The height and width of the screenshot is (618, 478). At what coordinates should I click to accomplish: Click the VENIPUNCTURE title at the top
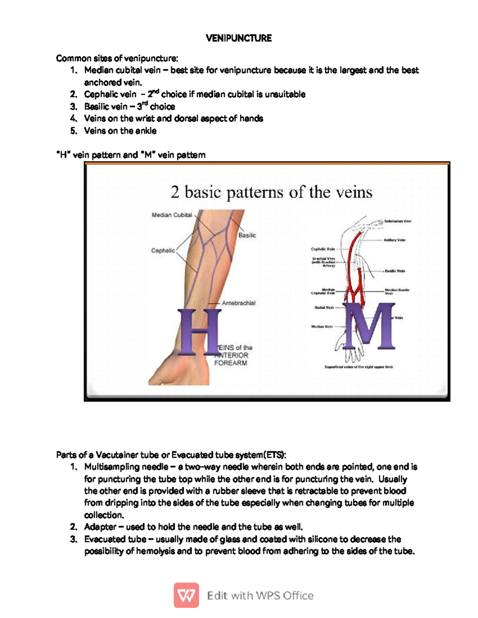[x=239, y=38]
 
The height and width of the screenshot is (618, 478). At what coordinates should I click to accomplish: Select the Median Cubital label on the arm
[x=172, y=215]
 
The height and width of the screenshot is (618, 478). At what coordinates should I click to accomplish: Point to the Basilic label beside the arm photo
[x=247, y=235]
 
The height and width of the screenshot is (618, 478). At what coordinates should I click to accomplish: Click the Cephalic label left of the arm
[x=163, y=250]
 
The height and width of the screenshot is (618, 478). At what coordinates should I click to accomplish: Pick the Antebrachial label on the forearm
[x=238, y=303]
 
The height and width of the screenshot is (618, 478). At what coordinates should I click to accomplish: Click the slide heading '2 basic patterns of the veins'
[x=271, y=193]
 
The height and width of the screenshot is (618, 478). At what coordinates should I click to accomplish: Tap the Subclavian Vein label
[x=398, y=221]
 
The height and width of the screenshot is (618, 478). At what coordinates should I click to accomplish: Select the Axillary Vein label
[x=394, y=240]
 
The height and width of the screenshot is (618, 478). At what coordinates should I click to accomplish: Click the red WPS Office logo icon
[x=186, y=595]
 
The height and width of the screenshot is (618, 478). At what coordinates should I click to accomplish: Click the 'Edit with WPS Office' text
[x=260, y=595]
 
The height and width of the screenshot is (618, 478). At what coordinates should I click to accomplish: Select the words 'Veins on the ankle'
[x=120, y=131]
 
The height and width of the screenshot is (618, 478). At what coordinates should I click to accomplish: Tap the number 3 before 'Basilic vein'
[x=72, y=107]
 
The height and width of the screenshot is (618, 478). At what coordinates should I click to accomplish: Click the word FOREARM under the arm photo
[x=231, y=363]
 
